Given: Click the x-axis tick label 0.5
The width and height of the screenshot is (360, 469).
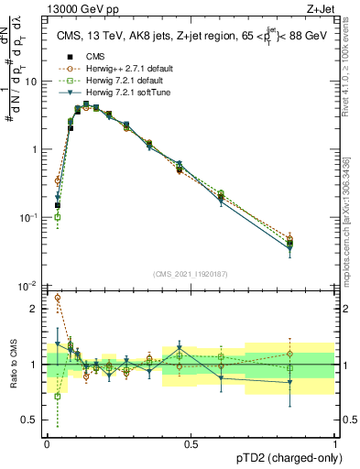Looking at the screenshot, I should point(191,442).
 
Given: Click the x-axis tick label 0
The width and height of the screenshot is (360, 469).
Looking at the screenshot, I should point(47,442).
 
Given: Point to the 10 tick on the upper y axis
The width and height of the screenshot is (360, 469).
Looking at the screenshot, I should point(30,82).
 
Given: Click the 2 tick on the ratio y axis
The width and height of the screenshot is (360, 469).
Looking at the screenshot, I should point(35,309).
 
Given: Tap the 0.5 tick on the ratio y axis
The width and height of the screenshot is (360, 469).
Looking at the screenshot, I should point(30,420).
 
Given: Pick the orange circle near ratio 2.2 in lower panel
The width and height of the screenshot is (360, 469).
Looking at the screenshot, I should point(58,298).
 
